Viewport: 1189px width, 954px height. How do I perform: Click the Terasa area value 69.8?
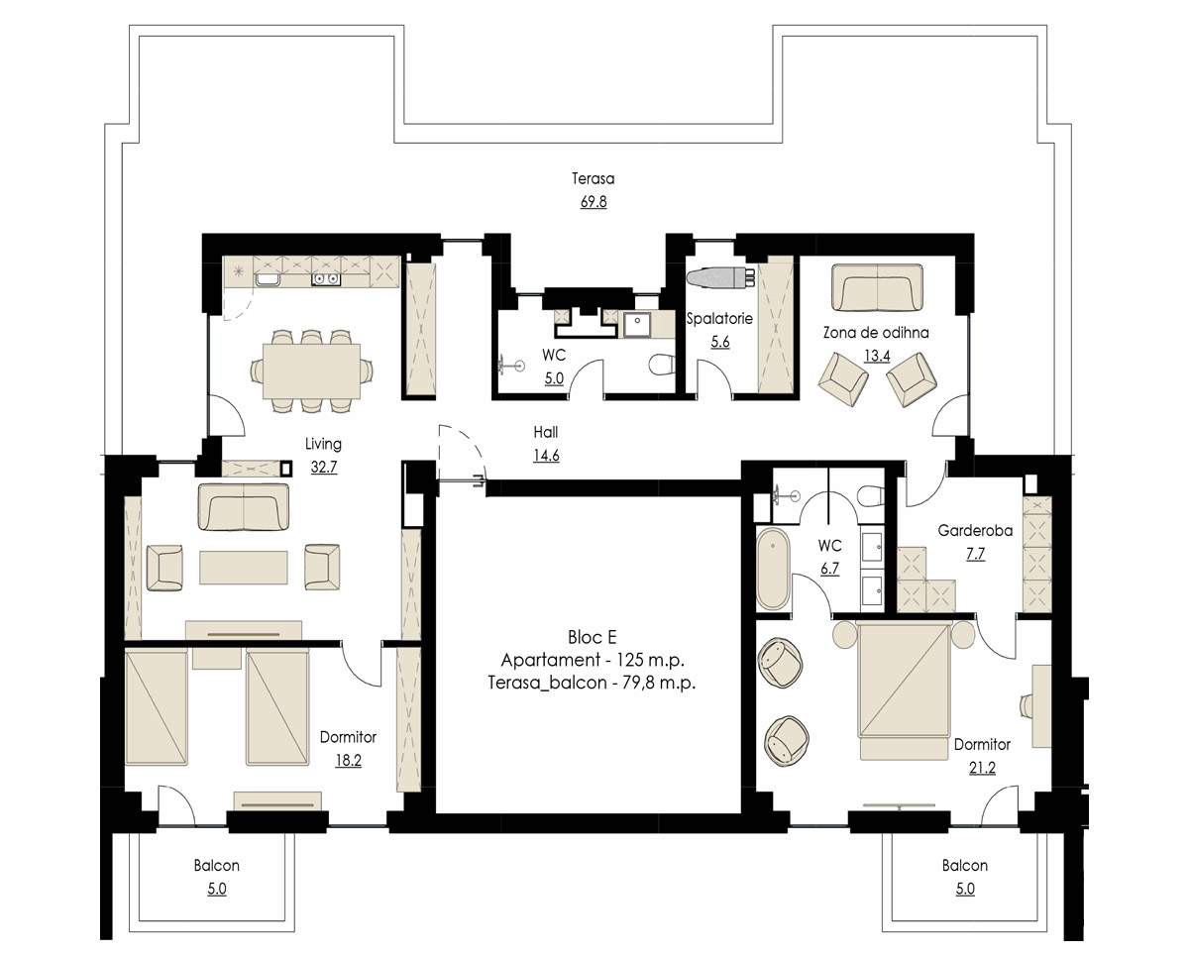pos(594,202)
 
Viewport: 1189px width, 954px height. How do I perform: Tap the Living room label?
pos(323,444)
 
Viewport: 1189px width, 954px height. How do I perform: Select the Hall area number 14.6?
pos(546,456)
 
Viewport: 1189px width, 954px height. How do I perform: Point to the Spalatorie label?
pos(719,319)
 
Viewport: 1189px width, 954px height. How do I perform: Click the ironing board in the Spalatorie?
pos(721,278)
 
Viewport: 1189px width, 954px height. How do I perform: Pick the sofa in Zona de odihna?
pos(878,287)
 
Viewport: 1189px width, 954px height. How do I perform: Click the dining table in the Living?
pos(311,371)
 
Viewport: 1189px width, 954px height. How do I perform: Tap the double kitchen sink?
pos(326,279)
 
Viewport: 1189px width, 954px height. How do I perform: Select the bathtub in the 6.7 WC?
pos(773,569)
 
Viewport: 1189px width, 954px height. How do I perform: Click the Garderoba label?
pos(975,530)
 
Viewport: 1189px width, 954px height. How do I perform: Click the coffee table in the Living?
pos(244,568)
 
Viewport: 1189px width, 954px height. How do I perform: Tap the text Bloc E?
pos(592,637)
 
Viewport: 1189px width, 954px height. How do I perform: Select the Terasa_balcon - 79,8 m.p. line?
pos(592,684)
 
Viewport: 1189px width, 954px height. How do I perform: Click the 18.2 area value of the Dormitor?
pos(348,761)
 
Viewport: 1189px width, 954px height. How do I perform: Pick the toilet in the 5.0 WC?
pos(661,365)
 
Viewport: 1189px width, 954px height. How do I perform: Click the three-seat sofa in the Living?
pos(244,507)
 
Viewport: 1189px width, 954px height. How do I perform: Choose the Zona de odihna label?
pos(876,333)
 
